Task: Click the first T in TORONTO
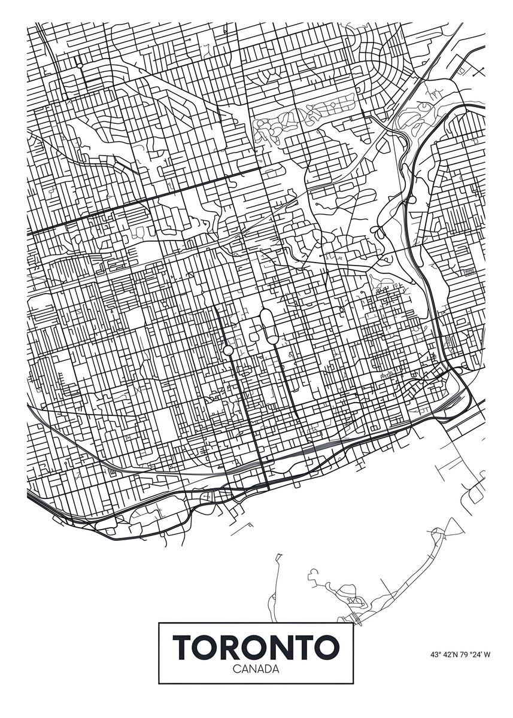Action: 184,647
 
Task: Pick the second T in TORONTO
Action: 304,647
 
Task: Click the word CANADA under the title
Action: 256,669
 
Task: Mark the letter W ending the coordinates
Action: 488,655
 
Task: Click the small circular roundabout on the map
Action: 227,350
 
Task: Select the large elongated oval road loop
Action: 271,327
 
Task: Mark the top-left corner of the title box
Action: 159,623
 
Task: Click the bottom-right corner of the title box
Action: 353,683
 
